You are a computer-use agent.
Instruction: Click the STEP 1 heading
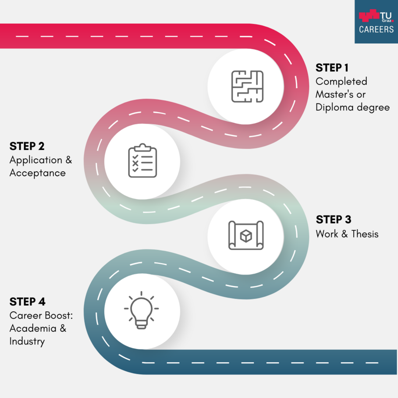pos(332,68)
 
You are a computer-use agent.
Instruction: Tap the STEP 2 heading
pos(27,146)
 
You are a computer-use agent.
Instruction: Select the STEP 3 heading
pos(334,220)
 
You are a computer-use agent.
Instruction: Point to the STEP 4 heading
pos(28,302)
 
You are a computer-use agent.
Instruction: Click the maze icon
pos(247,86)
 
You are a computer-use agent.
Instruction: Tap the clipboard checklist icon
pos(142,161)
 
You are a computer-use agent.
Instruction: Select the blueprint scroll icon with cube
pos(246,235)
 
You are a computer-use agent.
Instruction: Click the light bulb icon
pos(142,310)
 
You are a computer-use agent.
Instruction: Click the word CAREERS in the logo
pos(376,29)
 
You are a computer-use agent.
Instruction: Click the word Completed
pos(341,82)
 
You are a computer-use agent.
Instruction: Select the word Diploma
pos(334,107)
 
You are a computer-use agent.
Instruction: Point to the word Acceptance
pos(38,173)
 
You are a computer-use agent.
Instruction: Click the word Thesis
pos(365,234)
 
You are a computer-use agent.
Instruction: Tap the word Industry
pos(27,341)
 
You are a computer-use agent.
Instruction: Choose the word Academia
pos(33,328)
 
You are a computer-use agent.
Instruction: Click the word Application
pos(36,160)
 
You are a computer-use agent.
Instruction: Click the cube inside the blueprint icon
pos(246,236)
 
